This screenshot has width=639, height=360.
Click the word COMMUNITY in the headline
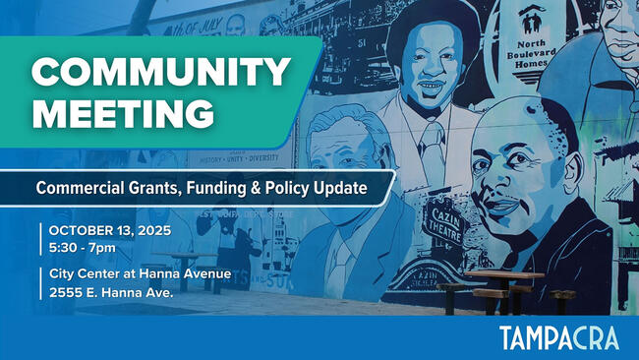point(160,72)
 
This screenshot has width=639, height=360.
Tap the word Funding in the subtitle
point(214,187)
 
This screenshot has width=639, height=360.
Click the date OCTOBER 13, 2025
point(109,230)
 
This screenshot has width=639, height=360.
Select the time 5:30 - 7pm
point(83,247)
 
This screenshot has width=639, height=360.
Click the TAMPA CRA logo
point(558,338)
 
